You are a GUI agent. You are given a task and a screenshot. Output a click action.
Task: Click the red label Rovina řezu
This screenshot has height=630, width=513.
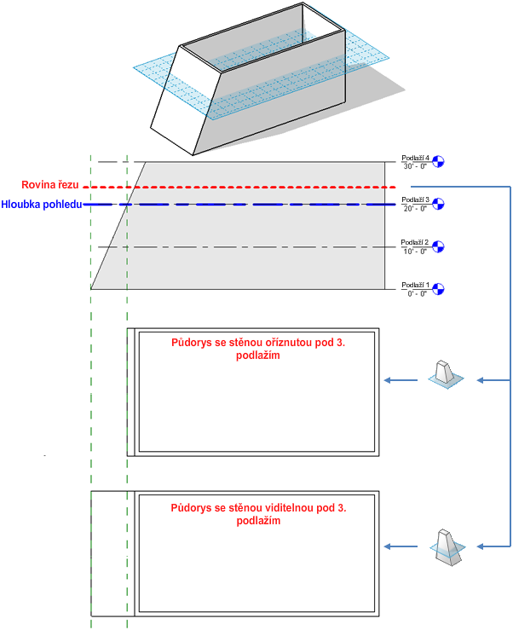(x=50, y=185)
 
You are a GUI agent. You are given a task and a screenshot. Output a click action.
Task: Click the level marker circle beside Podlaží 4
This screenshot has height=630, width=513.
(x=440, y=161)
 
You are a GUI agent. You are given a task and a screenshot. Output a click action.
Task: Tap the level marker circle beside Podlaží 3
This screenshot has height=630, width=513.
(x=440, y=204)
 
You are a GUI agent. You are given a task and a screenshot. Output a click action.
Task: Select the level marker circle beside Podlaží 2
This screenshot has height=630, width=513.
(x=440, y=246)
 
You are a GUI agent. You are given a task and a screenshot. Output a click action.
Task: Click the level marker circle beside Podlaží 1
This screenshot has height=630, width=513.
(x=440, y=289)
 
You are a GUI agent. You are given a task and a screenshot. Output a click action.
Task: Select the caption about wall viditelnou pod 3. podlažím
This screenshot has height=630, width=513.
(x=259, y=514)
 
